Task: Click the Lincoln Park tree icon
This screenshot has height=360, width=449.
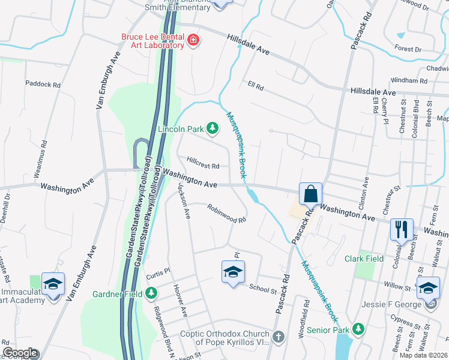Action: (x=212, y=127)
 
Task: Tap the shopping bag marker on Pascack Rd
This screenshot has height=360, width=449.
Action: (x=311, y=194)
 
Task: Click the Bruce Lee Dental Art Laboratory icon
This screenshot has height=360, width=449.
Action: (x=193, y=41)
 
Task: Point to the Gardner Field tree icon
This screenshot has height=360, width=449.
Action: (x=152, y=293)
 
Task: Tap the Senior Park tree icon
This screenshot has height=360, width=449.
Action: (x=358, y=329)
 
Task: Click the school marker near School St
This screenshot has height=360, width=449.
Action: (x=233, y=272)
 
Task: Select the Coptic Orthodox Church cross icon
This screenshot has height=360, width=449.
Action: (x=278, y=338)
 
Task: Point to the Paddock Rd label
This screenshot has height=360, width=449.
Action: (x=43, y=85)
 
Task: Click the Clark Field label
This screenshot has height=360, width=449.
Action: (x=364, y=259)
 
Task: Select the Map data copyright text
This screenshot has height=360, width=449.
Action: (x=423, y=355)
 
